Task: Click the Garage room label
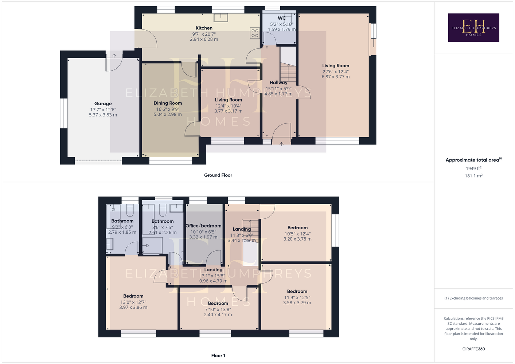tap(103, 104)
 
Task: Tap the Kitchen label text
tap(204, 28)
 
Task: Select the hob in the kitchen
tap(255, 33)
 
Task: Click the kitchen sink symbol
tap(221, 18)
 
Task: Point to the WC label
tap(282, 18)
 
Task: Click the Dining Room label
tap(168, 103)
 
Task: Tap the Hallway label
tap(278, 82)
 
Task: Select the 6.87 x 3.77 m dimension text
tap(335, 77)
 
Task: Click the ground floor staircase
tap(288, 72)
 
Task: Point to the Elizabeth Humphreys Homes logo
tap(473, 28)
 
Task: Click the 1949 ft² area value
tap(473, 168)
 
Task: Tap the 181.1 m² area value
tap(473, 176)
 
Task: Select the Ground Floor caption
tap(218, 175)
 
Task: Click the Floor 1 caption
tap(218, 356)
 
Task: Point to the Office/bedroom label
tap(203, 226)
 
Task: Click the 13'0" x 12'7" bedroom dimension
tap(133, 302)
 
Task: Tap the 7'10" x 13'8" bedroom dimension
tap(218, 309)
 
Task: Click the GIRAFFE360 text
tap(473, 349)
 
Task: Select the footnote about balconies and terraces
tap(473, 298)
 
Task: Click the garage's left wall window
tap(64, 113)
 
